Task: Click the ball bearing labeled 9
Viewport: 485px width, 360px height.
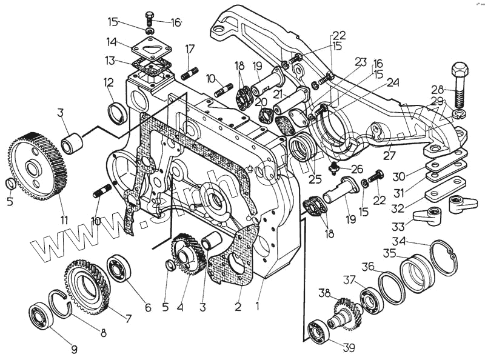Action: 41,315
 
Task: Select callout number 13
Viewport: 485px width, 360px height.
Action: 109,61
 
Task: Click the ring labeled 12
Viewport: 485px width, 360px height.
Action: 117,112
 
